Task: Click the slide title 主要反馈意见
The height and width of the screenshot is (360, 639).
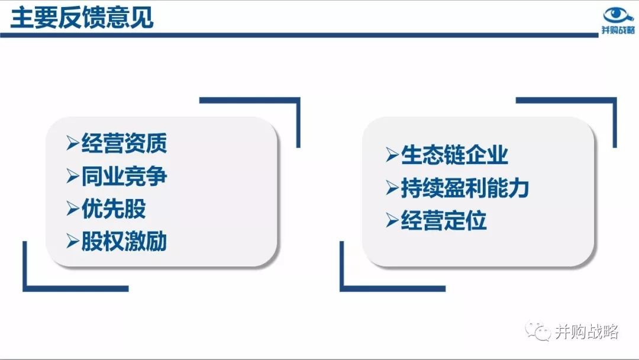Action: pyautogui.click(x=82, y=18)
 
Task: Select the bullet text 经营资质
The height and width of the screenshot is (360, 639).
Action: pyautogui.click(x=124, y=143)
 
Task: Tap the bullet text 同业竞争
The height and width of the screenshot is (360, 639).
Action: pyautogui.click(x=124, y=176)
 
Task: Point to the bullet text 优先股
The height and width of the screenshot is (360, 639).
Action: pyautogui.click(x=114, y=209)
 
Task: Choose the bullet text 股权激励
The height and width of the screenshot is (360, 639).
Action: pyautogui.click(x=124, y=242)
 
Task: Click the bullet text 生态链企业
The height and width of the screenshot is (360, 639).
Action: pyautogui.click(x=454, y=155)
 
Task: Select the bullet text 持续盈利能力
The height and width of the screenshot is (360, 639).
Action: pyautogui.click(x=465, y=188)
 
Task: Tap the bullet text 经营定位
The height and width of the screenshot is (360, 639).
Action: pyautogui.click(x=444, y=221)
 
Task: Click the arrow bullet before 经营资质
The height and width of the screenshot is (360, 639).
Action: pyautogui.click(x=73, y=143)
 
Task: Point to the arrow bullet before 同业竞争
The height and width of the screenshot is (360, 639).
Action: pyautogui.click(x=73, y=176)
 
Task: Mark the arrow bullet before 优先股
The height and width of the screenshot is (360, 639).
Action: pyautogui.click(x=73, y=209)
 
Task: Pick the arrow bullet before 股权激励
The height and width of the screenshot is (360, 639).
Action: pyautogui.click(x=73, y=242)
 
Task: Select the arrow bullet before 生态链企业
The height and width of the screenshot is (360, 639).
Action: pyautogui.click(x=392, y=155)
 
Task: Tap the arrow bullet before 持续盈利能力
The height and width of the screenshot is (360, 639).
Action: pyautogui.click(x=392, y=188)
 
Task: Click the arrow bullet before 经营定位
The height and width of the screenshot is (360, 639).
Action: pyautogui.click(x=392, y=221)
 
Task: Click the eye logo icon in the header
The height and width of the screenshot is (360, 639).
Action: pyautogui.click(x=618, y=15)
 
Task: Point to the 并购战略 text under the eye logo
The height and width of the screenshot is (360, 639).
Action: pyautogui.click(x=618, y=30)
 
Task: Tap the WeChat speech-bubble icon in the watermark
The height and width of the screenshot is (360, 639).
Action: pyautogui.click(x=538, y=331)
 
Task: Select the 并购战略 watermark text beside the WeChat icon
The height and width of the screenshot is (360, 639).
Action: pyautogui.click(x=586, y=332)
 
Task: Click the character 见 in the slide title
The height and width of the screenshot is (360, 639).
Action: pyautogui.click(x=142, y=18)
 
